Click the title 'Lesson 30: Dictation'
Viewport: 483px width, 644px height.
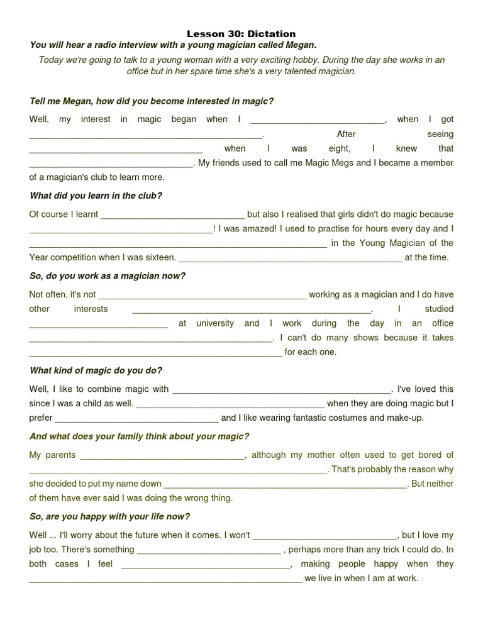click(241, 34)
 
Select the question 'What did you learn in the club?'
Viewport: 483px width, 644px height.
click(96, 196)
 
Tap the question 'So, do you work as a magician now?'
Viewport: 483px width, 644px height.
click(108, 276)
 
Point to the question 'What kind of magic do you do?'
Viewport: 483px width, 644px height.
click(96, 370)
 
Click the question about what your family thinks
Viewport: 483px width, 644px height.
click(139, 436)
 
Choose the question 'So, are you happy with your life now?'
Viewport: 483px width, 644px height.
click(109, 516)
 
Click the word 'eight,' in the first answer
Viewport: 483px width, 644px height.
click(340, 148)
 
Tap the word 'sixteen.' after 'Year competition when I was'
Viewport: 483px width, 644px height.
click(159, 257)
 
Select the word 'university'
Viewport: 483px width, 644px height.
click(215, 323)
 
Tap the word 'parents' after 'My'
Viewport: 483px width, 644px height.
click(60, 455)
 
